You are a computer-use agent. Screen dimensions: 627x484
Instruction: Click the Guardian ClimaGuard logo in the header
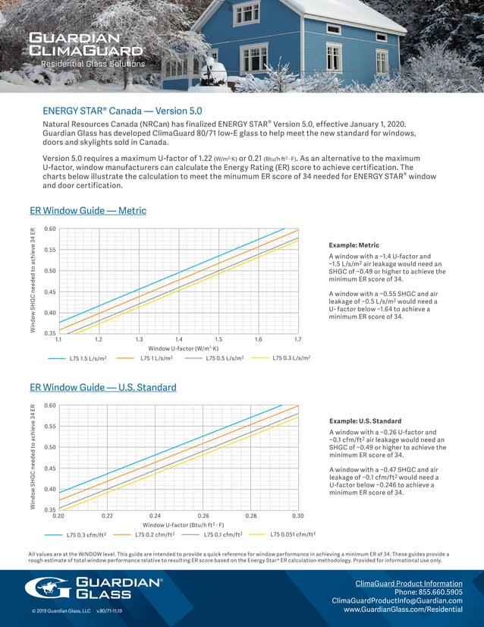pos(85,44)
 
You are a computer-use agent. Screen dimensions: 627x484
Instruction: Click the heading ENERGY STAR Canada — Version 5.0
pos(122,110)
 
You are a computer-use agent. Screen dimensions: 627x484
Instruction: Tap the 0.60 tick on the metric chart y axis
pos(49,228)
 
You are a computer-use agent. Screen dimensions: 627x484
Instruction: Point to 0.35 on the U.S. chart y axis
pos(49,509)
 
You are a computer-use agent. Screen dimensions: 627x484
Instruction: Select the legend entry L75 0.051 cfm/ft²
pos(294,534)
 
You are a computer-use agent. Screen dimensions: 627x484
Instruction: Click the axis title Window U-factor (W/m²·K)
pos(178,348)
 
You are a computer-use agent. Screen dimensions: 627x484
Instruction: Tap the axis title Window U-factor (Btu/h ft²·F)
pos(179,525)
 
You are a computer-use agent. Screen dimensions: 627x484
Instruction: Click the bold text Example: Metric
pos(354,246)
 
